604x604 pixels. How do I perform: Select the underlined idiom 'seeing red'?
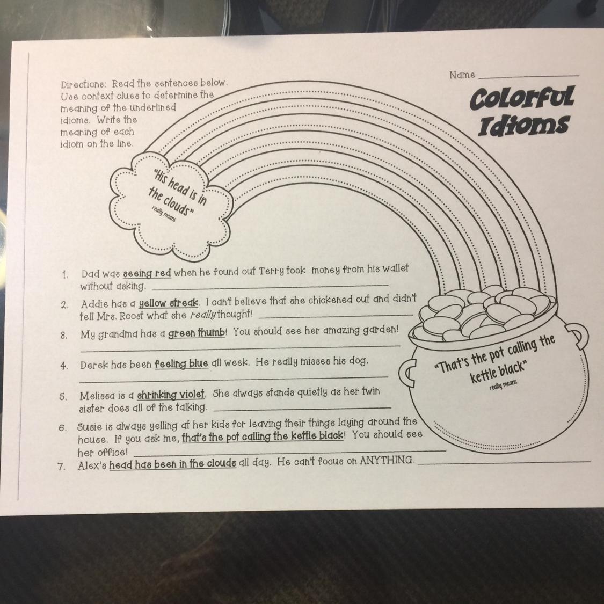[147, 273]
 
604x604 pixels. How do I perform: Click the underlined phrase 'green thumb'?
[197, 333]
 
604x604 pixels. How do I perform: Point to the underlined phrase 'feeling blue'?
[181, 364]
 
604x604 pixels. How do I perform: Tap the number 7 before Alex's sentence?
[62, 466]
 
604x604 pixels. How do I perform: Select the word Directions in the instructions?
[83, 85]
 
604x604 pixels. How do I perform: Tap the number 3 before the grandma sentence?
[64, 336]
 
